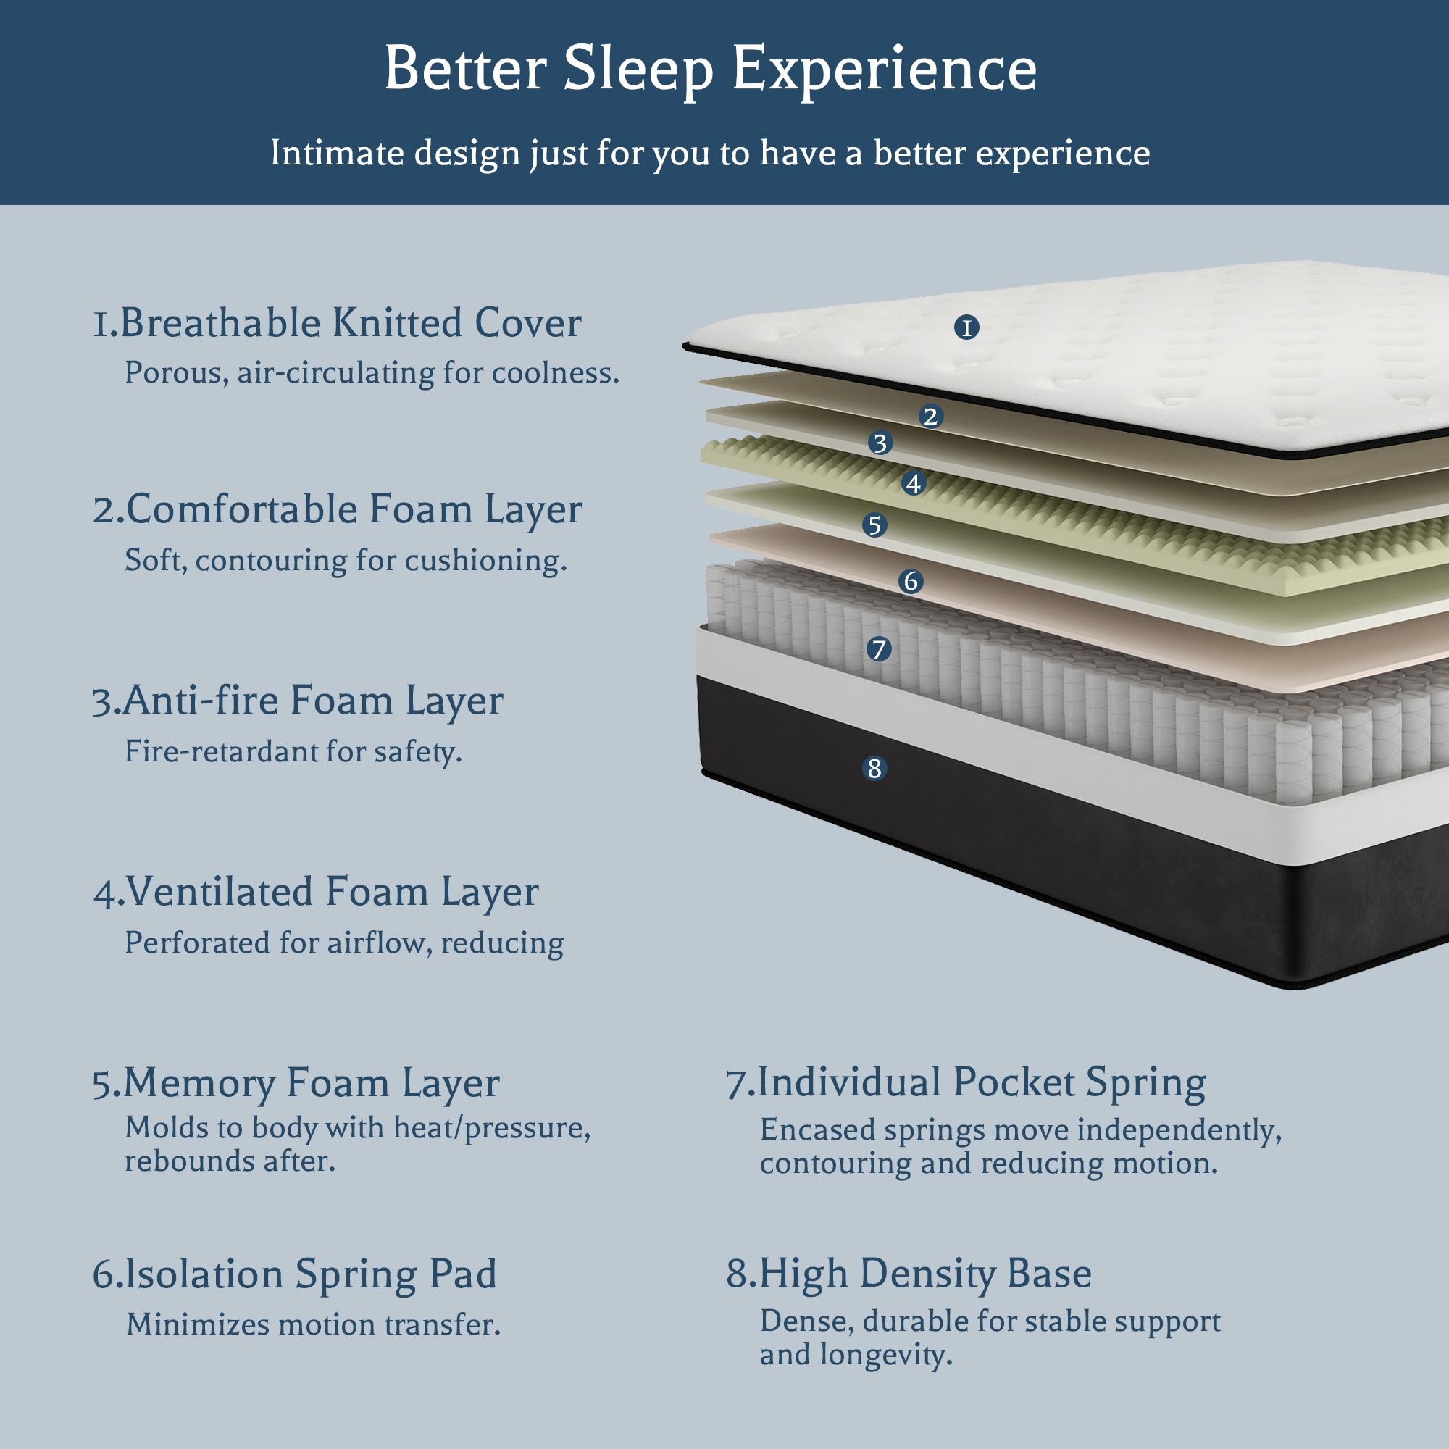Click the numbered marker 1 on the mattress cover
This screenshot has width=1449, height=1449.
(966, 327)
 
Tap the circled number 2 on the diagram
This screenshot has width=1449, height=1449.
(931, 417)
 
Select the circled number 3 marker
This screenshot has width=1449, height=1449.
(880, 443)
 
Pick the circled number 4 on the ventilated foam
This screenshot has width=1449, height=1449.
(913, 484)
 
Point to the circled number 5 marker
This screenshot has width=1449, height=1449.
(874, 525)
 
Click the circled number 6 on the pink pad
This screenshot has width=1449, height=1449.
(911, 580)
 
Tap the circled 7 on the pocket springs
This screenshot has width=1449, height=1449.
(879, 648)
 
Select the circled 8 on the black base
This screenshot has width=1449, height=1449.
(874, 768)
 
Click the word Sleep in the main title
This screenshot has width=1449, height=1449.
(637, 70)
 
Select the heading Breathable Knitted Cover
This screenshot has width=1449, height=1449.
(337, 324)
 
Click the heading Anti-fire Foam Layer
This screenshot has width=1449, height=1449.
(298, 701)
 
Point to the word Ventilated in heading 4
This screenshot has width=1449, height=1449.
(219, 893)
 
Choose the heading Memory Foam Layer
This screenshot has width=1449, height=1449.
(296, 1084)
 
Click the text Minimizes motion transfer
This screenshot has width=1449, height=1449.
(314, 1324)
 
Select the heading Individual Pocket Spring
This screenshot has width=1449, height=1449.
(966, 1083)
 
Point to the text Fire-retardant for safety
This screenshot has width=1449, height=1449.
(293, 751)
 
